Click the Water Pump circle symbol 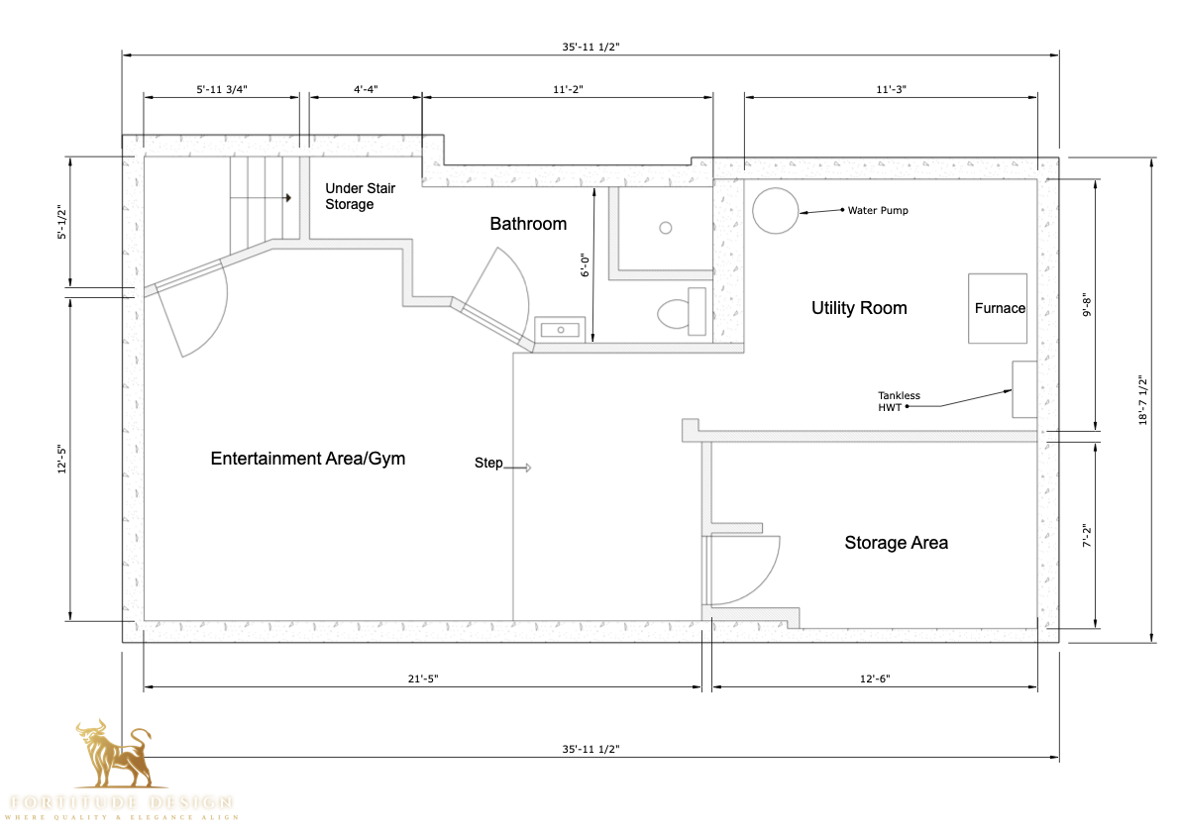(x=775, y=210)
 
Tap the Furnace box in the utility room (x=998, y=308)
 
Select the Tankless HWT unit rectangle (x=1023, y=389)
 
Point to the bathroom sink (x=561, y=329)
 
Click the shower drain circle (x=666, y=228)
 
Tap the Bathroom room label (x=528, y=224)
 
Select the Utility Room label (x=859, y=308)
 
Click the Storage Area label (x=896, y=543)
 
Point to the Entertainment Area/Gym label (x=308, y=459)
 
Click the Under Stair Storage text (x=361, y=196)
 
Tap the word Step (x=488, y=464)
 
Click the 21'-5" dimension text (x=422, y=678)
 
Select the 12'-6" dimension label (x=875, y=678)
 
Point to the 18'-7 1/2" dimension (x=1142, y=399)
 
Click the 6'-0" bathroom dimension (x=586, y=265)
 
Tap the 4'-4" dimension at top (x=366, y=89)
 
